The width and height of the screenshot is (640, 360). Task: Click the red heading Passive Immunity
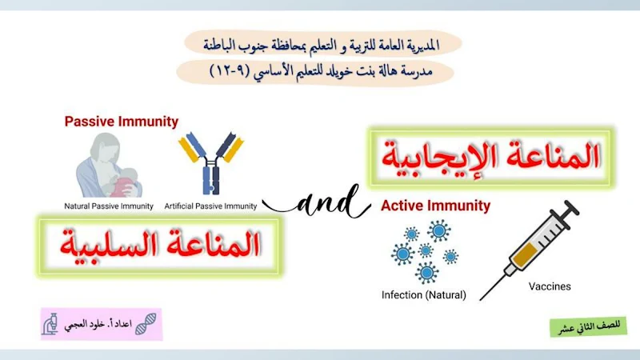121,122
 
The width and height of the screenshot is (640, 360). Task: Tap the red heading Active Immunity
435,206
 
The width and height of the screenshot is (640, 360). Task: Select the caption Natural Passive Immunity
109,206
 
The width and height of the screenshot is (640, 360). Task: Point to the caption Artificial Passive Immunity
210,206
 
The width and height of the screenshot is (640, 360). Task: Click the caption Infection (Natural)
423,294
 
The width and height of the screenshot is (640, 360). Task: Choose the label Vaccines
550,286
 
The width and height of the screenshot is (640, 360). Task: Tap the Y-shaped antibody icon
211,162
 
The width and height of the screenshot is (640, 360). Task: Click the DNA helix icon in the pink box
145,324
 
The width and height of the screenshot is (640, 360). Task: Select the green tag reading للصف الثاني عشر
588,327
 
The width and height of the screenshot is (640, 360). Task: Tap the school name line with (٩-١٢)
318,72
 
